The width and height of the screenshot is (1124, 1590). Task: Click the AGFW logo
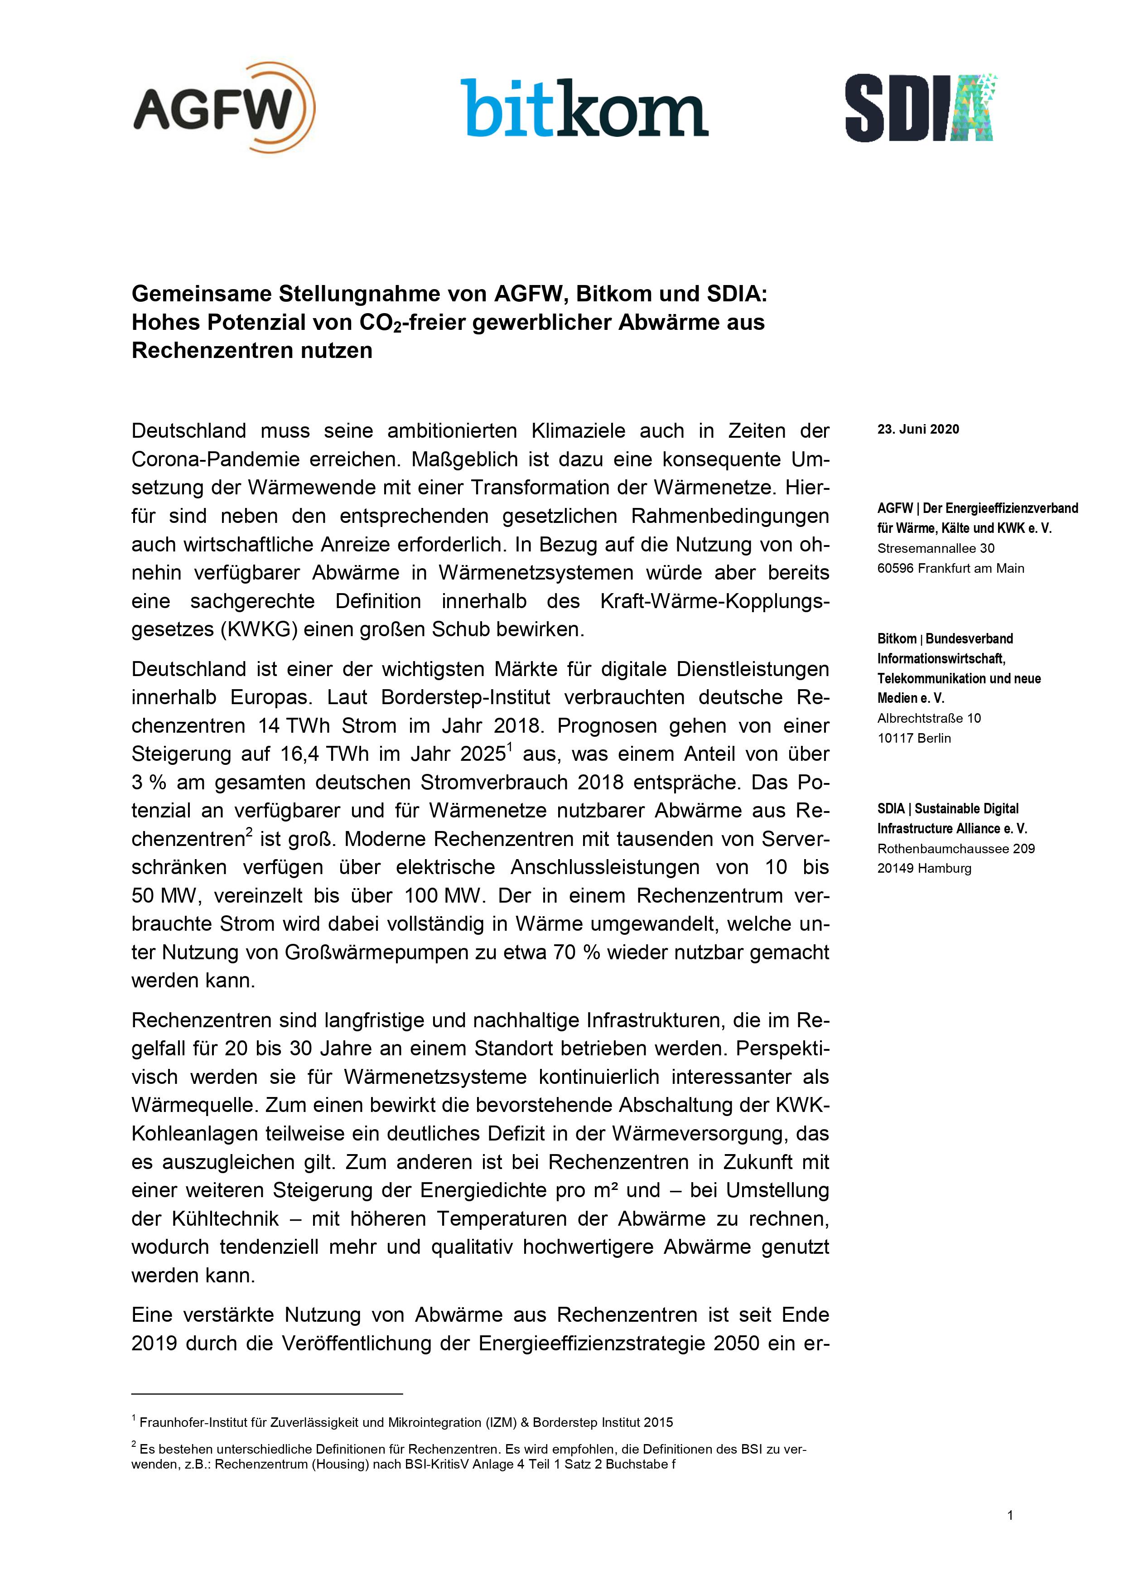[224, 107]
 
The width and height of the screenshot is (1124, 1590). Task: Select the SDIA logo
[921, 107]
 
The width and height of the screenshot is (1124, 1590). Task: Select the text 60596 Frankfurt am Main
[950, 569]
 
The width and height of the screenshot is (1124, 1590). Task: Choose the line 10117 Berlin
[913, 738]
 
